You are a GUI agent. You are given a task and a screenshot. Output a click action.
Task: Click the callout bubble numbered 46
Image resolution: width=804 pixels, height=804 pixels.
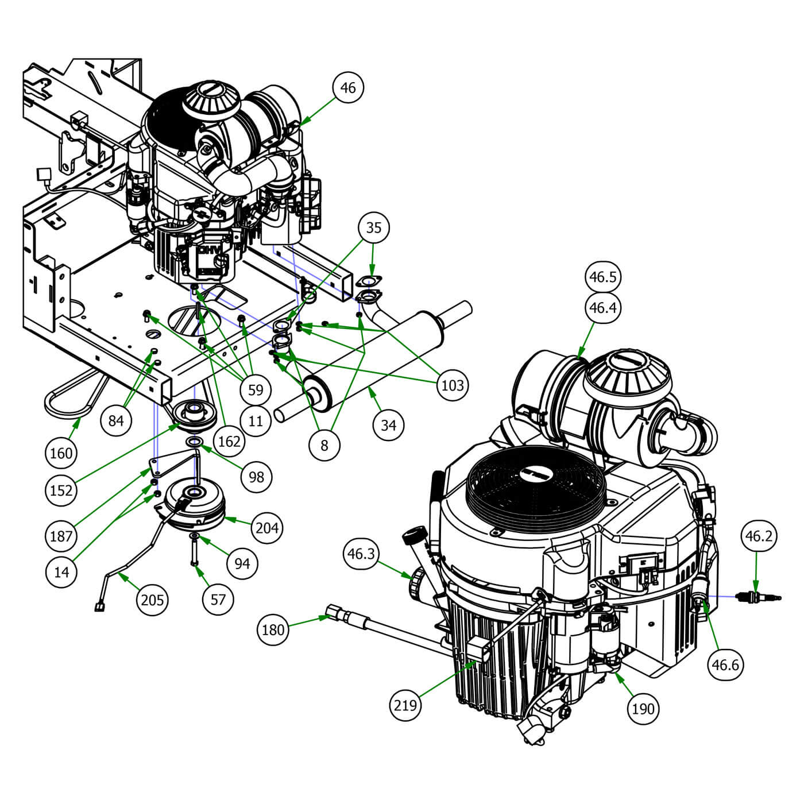(348, 88)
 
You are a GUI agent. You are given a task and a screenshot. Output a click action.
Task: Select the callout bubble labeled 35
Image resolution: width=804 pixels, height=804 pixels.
(373, 228)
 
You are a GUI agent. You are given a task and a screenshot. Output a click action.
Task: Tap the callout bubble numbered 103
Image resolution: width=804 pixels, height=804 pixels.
(452, 385)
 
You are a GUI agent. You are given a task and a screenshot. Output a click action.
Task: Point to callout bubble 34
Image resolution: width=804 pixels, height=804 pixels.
(389, 426)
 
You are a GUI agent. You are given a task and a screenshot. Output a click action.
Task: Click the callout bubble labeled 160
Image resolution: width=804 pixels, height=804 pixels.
(61, 453)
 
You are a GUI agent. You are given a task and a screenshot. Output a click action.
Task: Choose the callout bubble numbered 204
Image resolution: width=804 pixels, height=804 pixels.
(267, 527)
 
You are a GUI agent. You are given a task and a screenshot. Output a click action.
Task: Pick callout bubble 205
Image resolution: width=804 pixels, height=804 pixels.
(152, 600)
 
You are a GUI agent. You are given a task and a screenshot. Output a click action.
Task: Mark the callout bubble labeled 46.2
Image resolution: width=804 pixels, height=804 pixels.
(759, 536)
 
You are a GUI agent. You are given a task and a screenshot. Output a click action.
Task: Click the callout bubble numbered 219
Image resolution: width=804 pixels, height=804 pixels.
(405, 704)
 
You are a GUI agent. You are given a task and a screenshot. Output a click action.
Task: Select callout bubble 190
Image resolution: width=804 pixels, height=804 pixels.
(643, 709)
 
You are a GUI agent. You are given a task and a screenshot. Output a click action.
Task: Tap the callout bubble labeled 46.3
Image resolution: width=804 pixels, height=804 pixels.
(361, 554)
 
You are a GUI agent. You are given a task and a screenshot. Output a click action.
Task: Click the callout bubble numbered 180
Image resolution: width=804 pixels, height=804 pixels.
(273, 630)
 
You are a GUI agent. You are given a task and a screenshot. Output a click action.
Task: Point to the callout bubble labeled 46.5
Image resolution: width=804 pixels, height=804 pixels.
(602, 277)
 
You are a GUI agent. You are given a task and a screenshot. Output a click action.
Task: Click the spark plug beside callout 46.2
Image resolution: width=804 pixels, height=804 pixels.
(761, 598)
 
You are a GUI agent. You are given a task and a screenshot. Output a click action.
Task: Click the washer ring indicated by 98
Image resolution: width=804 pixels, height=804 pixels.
(194, 442)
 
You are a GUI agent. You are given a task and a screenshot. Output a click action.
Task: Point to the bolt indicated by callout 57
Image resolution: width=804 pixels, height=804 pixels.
(194, 554)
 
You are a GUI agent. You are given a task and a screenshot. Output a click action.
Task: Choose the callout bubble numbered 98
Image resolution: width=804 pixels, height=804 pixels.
(256, 477)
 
